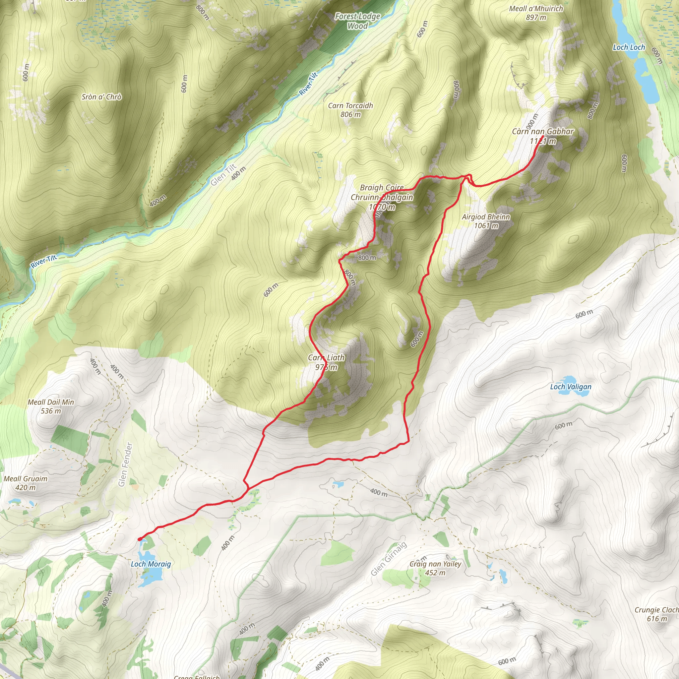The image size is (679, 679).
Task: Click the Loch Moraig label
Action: pyautogui.click(x=151, y=564)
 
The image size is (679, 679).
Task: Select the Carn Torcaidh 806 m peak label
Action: pyautogui.click(x=350, y=110)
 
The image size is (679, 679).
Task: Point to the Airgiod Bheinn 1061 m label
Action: pyautogui.click(x=486, y=221)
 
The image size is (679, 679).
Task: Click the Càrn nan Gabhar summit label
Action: pyautogui.click(x=543, y=136)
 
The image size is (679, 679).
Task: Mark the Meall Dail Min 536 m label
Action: pyautogui.click(x=51, y=406)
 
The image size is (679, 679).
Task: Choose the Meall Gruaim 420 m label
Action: pyautogui.click(x=25, y=483)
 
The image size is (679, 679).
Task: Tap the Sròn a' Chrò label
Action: pyautogui.click(x=101, y=97)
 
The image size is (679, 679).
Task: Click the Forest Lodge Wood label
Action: pyautogui.click(x=357, y=21)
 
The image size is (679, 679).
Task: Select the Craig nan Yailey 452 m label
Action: pyautogui.click(x=435, y=568)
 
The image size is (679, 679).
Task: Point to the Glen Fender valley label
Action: pyautogui.click(x=125, y=464)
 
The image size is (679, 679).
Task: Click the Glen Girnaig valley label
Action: pyautogui.click(x=389, y=559)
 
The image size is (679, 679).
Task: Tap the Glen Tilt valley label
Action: pyautogui.click(x=223, y=175)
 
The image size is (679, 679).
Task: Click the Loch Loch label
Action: pyautogui.click(x=629, y=47)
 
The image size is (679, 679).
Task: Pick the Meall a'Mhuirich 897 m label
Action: pyautogui.click(x=536, y=13)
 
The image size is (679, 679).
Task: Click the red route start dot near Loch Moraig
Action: pyautogui.click(x=140, y=539)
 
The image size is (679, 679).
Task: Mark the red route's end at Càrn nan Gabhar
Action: pyautogui.click(x=543, y=136)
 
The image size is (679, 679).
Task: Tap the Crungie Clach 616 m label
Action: pyautogui.click(x=656, y=614)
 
